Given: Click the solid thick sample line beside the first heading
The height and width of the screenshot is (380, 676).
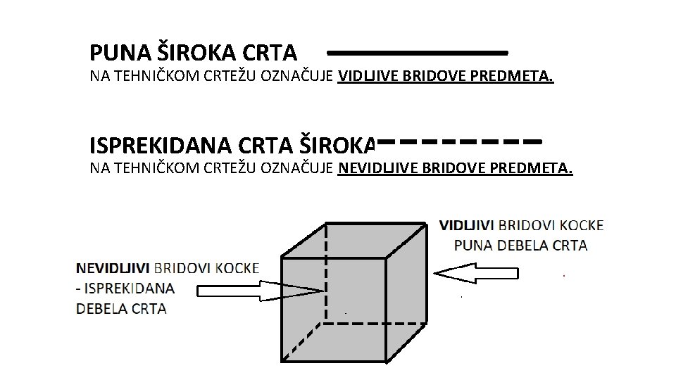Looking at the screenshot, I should pos(417,53).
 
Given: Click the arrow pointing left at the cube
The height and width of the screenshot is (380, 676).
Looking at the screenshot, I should pos(477,273).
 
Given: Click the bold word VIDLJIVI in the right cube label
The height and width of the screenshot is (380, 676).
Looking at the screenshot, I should pos(467,225).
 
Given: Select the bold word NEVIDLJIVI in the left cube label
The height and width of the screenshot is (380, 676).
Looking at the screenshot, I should pos(113,268).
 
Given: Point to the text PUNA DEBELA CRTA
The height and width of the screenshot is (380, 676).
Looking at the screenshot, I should pos(521,246).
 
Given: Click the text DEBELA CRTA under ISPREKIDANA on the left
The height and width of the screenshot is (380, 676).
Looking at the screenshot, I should pos(121,308).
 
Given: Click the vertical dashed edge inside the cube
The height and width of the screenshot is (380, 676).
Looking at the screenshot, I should pos(326,274).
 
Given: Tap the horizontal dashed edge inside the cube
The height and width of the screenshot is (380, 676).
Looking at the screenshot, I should pos(373,324).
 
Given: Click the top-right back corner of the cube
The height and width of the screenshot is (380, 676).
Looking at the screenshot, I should pos(426,223).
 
